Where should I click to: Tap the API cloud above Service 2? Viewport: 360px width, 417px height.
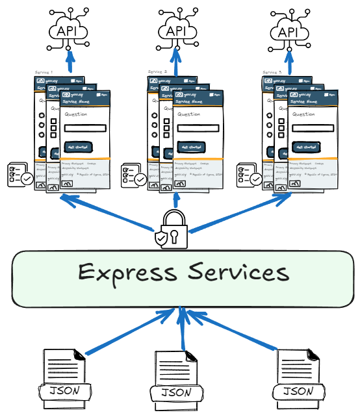coord(176,31)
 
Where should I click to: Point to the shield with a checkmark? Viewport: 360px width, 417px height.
coord(161,238)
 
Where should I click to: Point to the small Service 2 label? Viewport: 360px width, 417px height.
coord(157,72)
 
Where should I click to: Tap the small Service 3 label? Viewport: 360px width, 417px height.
coord(272,72)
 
